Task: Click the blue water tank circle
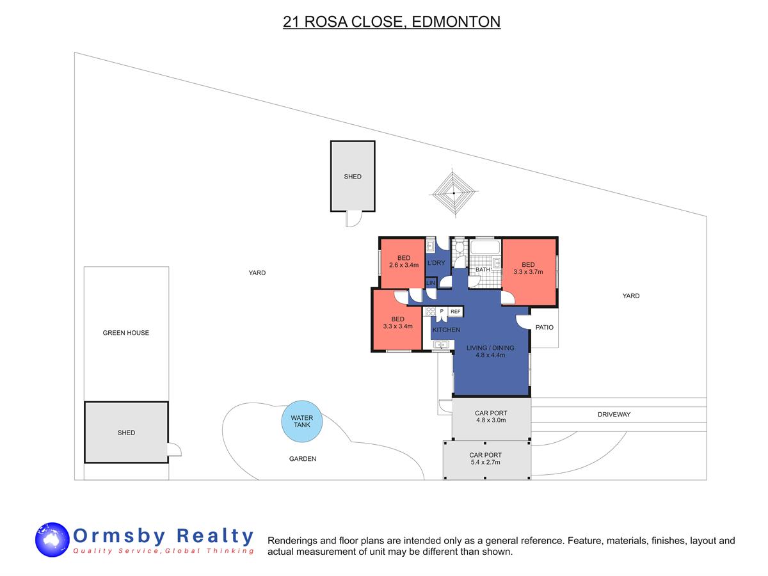tap(301, 421)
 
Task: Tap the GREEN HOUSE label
tap(125, 333)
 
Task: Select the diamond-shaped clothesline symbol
tap(454, 193)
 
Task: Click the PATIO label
tap(544, 327)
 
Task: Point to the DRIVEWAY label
tap(614, 414)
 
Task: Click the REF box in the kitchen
tap(455, 311)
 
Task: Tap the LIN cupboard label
tap(431, 283)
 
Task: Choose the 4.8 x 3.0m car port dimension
tap(490, 420)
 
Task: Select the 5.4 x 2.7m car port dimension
tap(485, 462)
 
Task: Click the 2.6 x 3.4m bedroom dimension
tap(403, 265)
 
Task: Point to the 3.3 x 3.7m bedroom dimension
tap(528, 272)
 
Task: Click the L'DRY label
tap(436, 262)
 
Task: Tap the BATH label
tap(483, 269)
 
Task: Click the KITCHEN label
tap(446, 330)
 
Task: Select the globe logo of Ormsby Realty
tap(52, 540)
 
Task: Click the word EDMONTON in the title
tap(456, 22)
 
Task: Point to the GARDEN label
tap(302, 458)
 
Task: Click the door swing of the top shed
tap(354, 220)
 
